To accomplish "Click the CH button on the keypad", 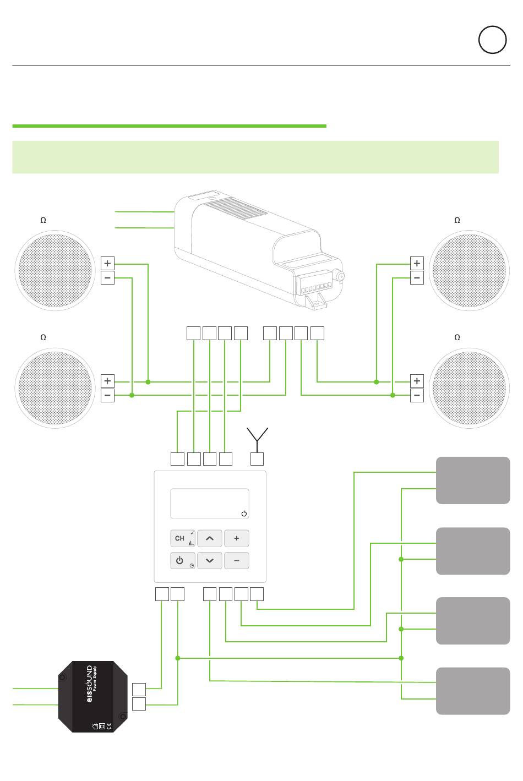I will point(182,538).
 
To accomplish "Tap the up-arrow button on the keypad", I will point(209,538).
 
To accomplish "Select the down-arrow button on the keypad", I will point(209,560).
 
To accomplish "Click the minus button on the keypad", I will point(237,560).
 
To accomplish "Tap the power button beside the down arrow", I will point(182,560).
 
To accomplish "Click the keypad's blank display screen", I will point(209,503).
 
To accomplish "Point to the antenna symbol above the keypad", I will point(257,435).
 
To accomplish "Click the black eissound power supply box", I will point(93,696).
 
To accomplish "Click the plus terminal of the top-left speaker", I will point(107,264).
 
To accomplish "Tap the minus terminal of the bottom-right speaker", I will point(417,395).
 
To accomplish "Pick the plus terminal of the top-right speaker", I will point(417,264).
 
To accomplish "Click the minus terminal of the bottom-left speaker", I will point(107,395).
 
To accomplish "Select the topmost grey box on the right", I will point(473,480).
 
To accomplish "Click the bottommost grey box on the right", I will point(473,691).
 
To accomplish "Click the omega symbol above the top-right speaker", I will point(457,220).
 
